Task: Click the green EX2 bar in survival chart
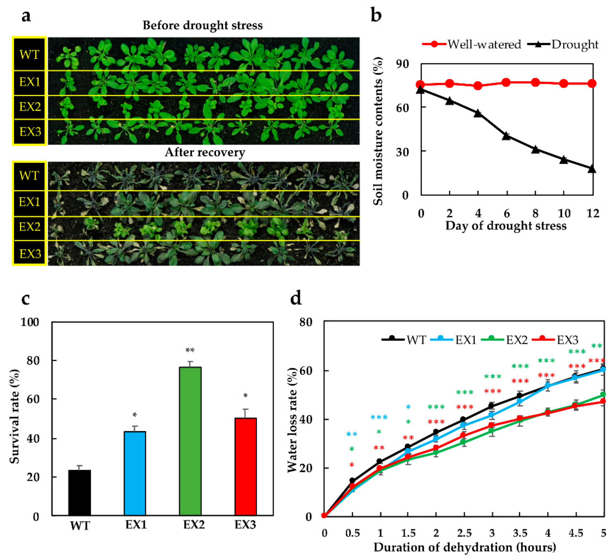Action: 190,441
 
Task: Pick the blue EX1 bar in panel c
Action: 135,473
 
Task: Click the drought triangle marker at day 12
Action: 592,169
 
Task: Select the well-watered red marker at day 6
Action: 506,82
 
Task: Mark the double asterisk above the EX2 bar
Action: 190,351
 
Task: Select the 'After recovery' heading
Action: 205,152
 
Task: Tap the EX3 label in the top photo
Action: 30,132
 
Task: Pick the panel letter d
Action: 296,298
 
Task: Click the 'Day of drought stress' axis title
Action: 506,226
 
